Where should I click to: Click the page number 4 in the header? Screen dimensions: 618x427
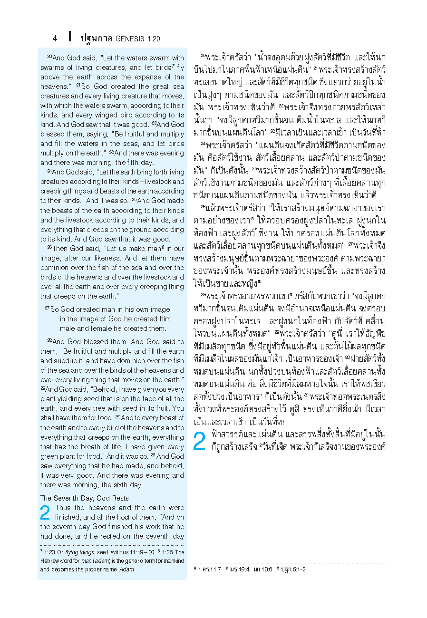tap(55, 38)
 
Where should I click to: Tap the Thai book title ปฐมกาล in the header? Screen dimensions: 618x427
tap(97, 38)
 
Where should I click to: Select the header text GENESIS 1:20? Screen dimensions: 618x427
tap(138, 39)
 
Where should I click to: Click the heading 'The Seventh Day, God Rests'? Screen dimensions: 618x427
tap(84, 498)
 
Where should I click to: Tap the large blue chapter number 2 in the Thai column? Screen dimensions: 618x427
tap(200, 441)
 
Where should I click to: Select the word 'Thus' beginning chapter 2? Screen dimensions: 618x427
tap(62, 508)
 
